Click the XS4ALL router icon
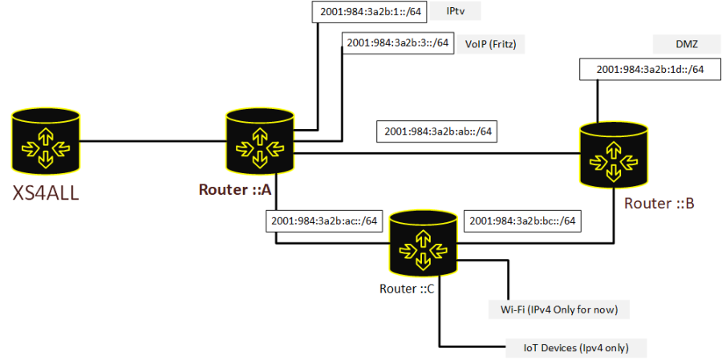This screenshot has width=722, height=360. coord(46,141)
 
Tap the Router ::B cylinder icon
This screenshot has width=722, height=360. coord(615,155)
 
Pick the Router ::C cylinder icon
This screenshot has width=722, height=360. coord(424,244)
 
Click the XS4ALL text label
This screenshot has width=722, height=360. coord(46,192)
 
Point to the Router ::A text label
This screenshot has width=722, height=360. coord(235,189)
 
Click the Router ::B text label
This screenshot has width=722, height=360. coord(659,203)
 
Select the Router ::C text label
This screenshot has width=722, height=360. coord(407,289)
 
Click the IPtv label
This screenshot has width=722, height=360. coord(456,12)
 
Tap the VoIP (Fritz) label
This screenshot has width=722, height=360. coord(491,45)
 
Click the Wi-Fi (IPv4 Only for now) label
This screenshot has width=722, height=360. coord(558,309)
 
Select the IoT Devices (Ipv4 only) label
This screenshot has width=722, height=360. coord(575,346)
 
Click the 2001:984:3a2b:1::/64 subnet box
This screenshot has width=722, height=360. coord(369,13)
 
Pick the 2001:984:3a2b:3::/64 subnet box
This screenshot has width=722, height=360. coord(397,42)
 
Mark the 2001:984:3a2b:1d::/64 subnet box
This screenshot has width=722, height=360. coord(650,70)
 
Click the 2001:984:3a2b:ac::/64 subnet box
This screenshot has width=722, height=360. coord(324,221)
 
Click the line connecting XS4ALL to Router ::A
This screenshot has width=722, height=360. coord(153,141)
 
